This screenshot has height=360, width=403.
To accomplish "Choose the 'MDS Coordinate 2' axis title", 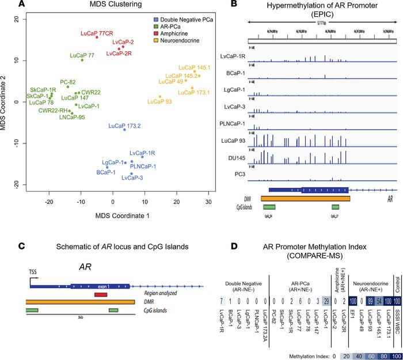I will click(7, 103).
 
